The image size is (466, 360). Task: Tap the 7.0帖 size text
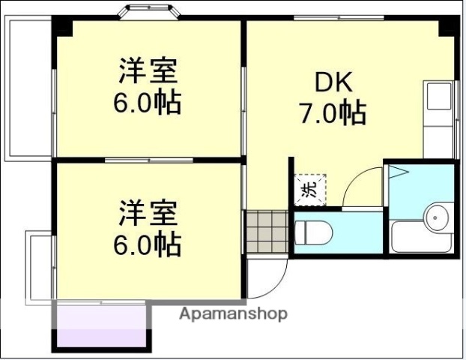(332, 113)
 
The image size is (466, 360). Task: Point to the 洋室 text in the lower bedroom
(148, 214)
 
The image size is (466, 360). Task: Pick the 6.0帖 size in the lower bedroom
(148, 244)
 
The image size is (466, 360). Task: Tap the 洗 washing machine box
(309, 188)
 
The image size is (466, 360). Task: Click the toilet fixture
(311, 232)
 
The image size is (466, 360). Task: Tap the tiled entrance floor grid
(266, 230)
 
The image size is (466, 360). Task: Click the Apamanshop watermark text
(232, 314)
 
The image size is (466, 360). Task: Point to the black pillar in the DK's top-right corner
(447, 26)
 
